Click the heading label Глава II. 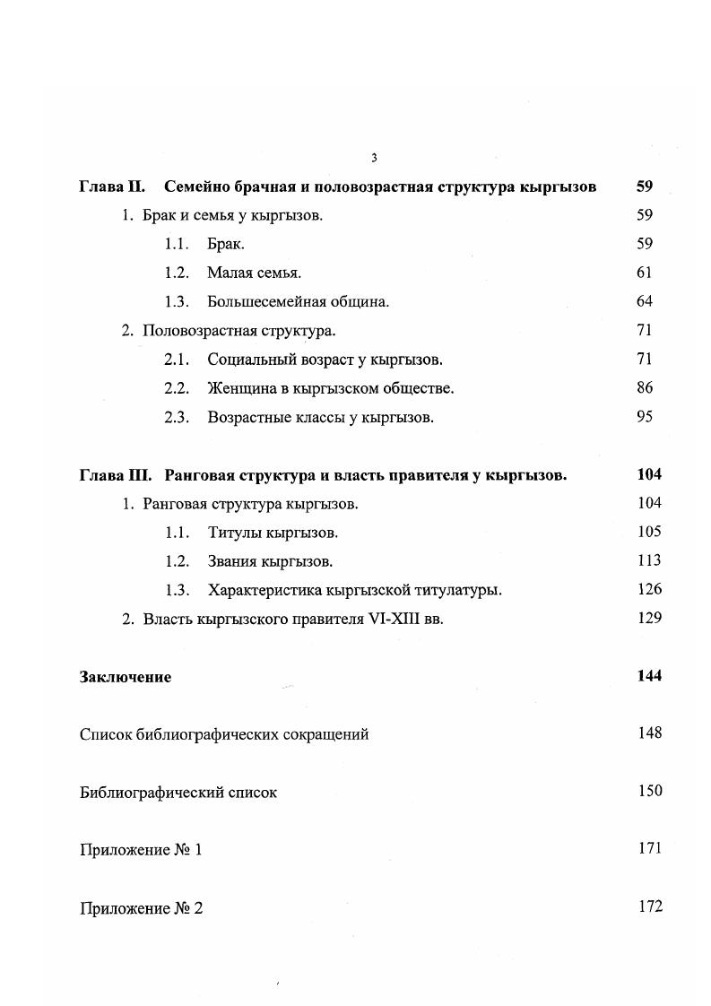click(112, 187)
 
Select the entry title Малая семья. click(254, 273)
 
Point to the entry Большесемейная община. click(298, 301)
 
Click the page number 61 click(644, 273)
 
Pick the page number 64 click(644, 301)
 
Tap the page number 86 click(644, 388)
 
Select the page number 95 click(644, 417)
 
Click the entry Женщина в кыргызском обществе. click(330, 388)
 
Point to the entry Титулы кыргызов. click(273, 533)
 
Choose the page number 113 click(649, 560)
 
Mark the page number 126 click(649, 589)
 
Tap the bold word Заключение click(125, 677)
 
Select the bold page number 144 click(649, 676)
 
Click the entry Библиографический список click(178, 793)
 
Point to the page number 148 click(649, 733)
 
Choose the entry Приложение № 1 click(141, 850)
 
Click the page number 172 click(650, 906)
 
